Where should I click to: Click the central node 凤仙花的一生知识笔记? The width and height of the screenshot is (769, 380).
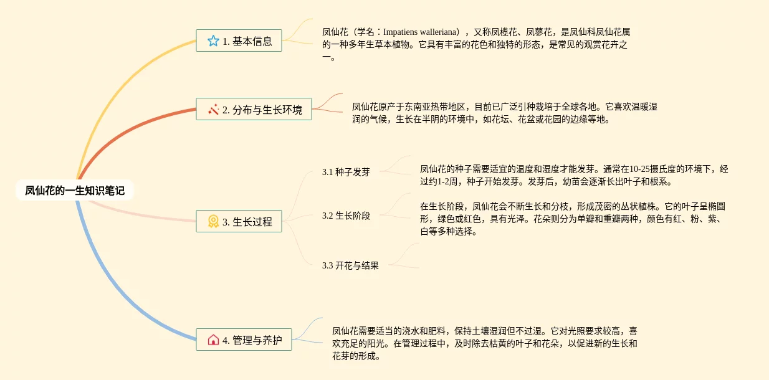pyautogui.click(x=75, y=191)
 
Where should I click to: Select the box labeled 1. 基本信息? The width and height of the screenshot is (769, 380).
pyautogui.click(x=239, y=41)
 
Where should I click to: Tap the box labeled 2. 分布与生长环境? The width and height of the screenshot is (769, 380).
pyautogui.click(x=254, y=109)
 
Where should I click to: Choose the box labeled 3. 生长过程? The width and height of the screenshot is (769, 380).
pyautogui.click(x=239, y=221)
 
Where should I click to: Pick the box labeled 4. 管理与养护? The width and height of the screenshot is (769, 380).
pyautogui.click(x=244, y=340)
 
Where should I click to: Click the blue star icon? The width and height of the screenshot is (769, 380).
pyautogui.click(x=213, y=41)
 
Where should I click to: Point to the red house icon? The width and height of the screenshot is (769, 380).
pyautogui.click(x=213, y=340)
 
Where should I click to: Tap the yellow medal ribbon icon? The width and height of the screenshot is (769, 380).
pyautogui.click(x=213, y=221)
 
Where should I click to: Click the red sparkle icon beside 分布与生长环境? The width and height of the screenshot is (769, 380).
pyautogui.click(x=213, y=109)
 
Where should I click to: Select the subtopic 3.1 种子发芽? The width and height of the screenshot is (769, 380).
pyautogui.click(x=346, y=172)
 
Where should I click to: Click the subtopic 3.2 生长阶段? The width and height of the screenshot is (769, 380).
pyautogui.click(x=346, y=216)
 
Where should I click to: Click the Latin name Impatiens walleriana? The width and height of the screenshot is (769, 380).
pyautogui.click(x=421, y=32)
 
